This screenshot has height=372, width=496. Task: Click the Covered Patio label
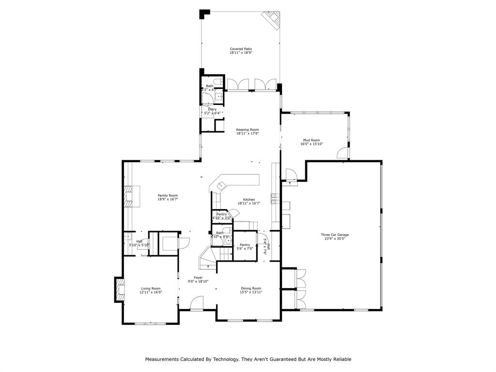(x=241, y=49)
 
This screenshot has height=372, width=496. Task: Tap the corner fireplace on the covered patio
(x=271, y=20)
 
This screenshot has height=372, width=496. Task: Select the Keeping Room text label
(x=248, y=129)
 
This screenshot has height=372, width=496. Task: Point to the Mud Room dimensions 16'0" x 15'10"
(x=311, y=144)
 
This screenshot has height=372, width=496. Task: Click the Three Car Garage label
(x=334, y=235)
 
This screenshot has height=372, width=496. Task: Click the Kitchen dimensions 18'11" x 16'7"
(x=249, y=203)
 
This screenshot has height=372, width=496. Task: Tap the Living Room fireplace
(x=119, y=289)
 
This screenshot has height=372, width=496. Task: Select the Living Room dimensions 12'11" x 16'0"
(x=151, y=292)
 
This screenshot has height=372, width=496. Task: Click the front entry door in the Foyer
(x=197, y=304)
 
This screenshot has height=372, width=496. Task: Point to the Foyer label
(x=198, y=278)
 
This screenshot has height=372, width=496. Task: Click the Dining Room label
(x=251, y=289)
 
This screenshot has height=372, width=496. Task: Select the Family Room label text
(x=168, y=195)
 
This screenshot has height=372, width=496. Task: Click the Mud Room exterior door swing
(x=342, y=153)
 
